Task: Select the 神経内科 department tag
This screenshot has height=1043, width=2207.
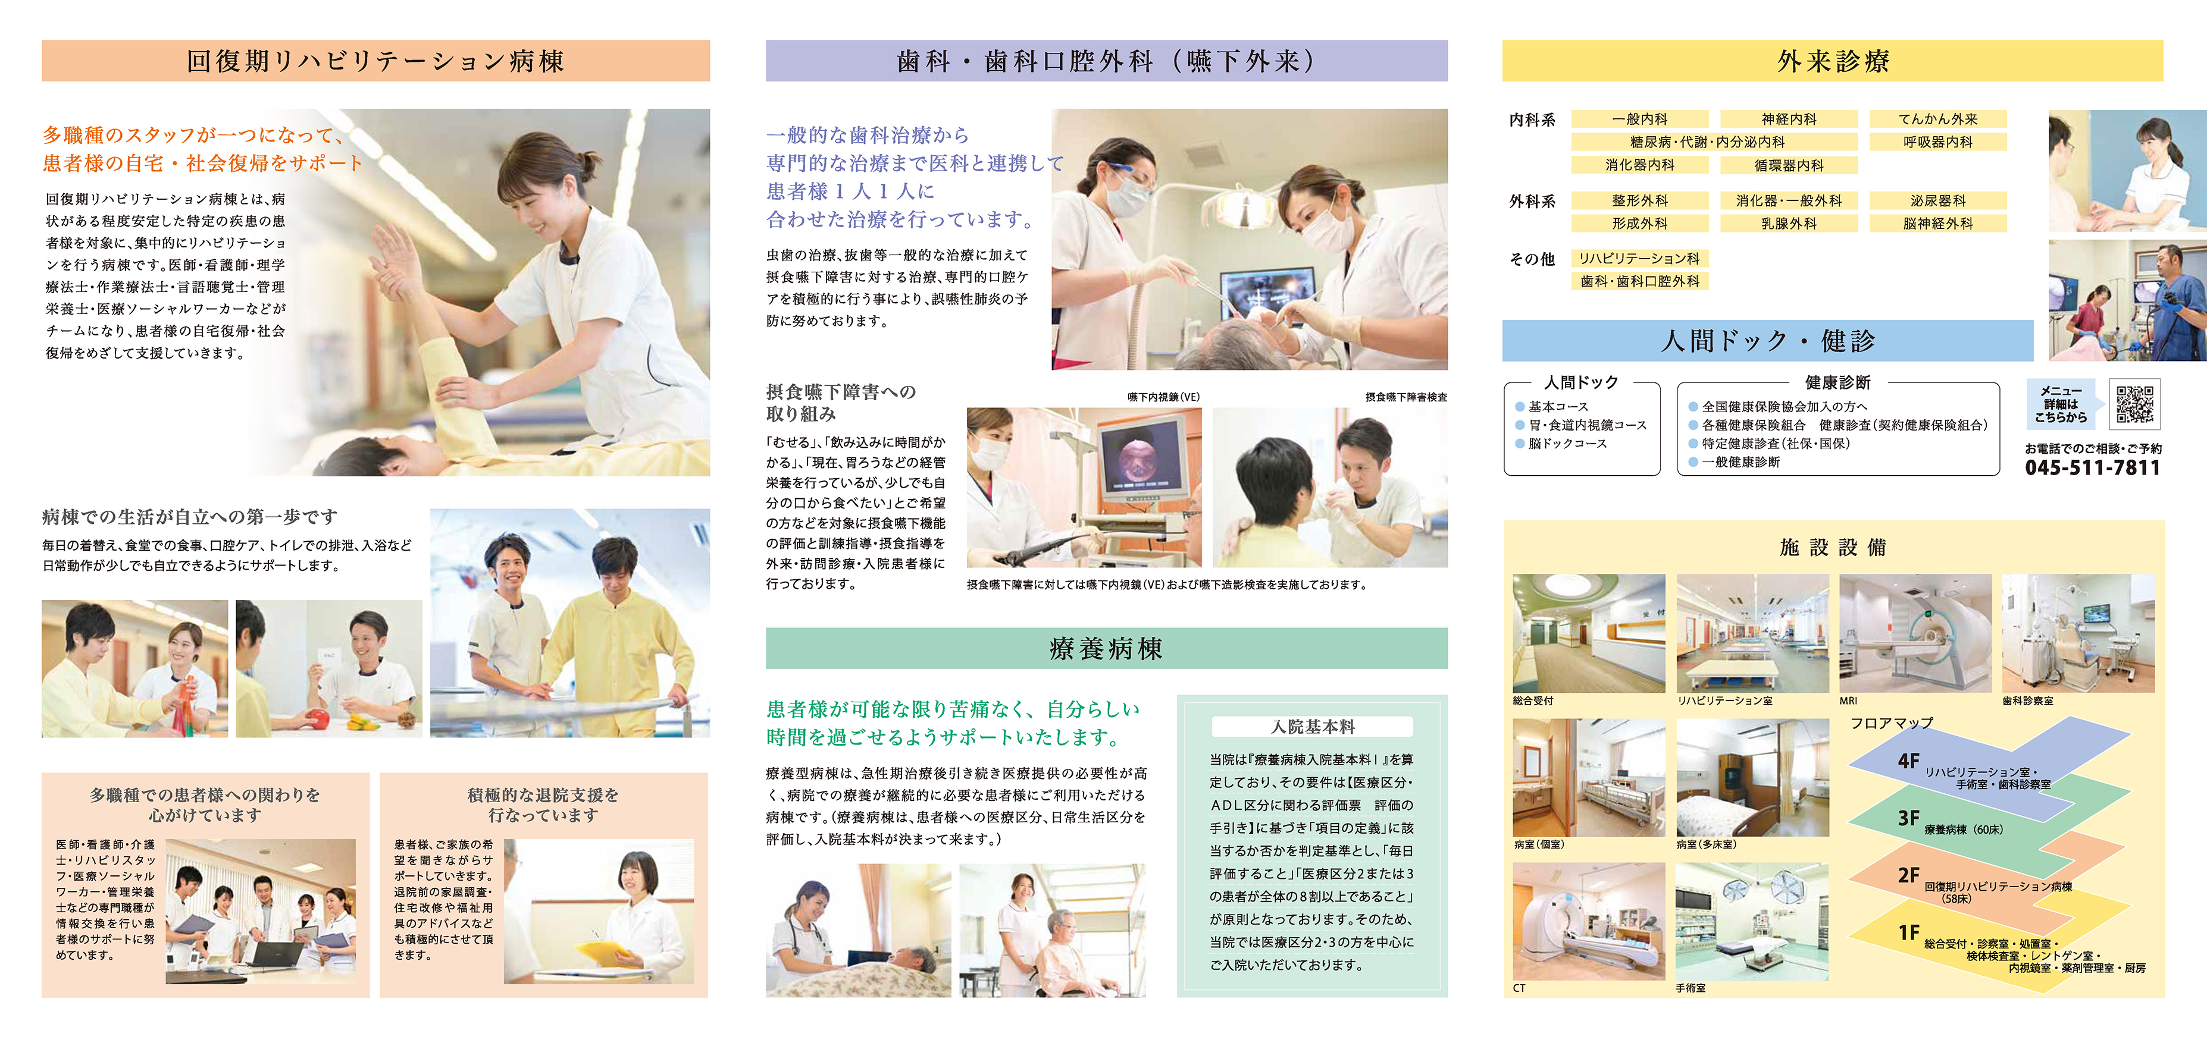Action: pos(1789,119)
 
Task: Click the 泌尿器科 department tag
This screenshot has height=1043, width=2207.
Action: pos(1938,200)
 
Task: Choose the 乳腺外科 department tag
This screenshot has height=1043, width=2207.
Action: pos(1789,224)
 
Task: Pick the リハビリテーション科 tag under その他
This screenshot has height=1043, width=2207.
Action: pos(1640,257)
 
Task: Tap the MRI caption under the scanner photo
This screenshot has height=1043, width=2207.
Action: pos(1848,700)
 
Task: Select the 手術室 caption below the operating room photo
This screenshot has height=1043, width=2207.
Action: pos(1691,988)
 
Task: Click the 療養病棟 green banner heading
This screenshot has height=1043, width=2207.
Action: pos(1106,648)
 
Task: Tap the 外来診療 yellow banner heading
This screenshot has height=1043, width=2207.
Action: pos(1833,61)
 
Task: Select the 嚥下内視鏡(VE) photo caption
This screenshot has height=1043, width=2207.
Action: pos(1163,397)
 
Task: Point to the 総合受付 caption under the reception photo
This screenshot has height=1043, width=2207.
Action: pos(1533,700)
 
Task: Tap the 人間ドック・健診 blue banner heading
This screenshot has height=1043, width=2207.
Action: pos(1767,341)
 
